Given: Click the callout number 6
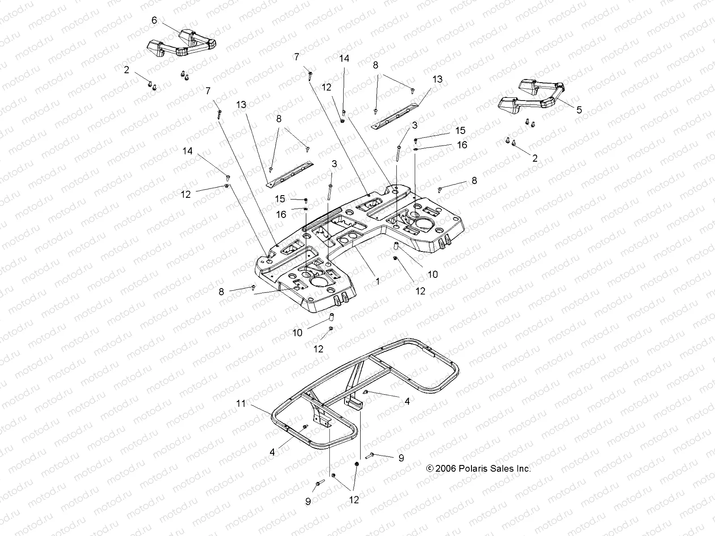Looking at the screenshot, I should [155, 20].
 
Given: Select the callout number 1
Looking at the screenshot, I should [378, 281].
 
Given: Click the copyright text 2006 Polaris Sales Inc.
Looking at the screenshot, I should [479, 469].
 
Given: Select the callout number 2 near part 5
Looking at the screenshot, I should [534, 158].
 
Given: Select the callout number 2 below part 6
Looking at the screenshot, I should [127, 70].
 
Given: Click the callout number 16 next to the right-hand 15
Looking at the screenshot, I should [462, 145].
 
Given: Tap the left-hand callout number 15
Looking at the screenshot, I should [280, 199].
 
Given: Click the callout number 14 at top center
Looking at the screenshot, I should [344, 59].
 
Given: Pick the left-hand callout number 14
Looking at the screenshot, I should [188, 151].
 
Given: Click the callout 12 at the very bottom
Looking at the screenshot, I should [354, 500].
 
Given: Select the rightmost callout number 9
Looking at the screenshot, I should [401, 458].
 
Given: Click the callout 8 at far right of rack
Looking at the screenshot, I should [474, 180].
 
